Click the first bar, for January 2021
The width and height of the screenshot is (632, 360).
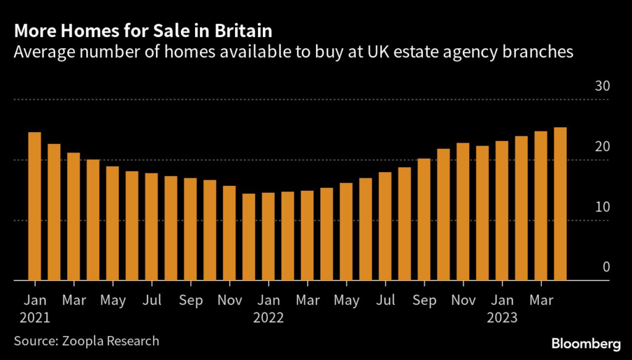35,207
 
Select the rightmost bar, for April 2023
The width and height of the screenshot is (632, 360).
560,204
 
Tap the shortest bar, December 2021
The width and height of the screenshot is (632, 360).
249,237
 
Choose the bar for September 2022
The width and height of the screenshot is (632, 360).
424,220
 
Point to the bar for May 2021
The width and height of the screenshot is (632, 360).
112,224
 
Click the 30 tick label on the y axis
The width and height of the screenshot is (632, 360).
601,86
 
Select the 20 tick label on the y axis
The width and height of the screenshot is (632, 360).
601,146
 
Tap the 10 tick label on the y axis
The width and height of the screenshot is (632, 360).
601,206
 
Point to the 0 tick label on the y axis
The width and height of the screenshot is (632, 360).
605,267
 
